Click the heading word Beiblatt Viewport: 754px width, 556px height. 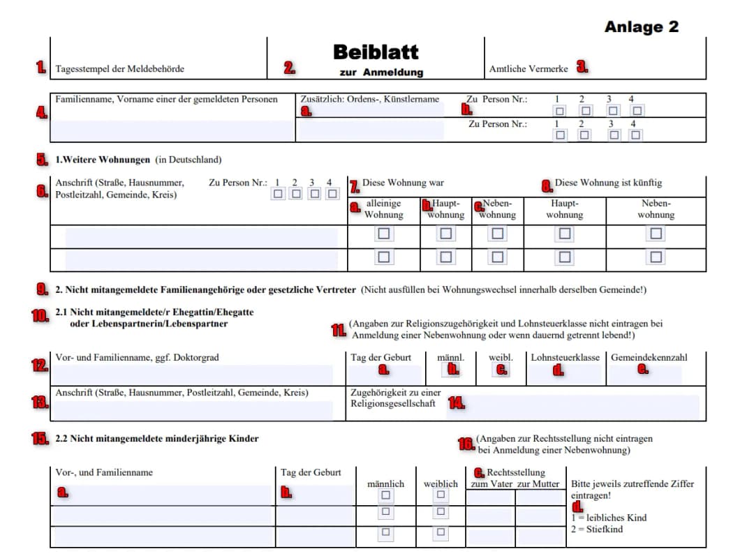(x=376, y=52)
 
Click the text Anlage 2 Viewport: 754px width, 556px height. (x=641, y=27)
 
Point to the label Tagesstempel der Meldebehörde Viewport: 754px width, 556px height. (x=120, y=69)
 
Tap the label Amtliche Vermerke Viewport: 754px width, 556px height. (x=528, y=69)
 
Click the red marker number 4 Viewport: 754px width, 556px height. (x=42, y=112)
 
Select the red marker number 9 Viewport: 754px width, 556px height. (x=42, y=289)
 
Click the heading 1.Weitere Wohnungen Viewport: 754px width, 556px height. (x=103, y=160)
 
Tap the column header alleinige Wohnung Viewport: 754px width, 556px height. (x=383, y=209)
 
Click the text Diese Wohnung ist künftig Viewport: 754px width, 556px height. (x=608, y=183)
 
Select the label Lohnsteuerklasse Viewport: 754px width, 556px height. (x=565, y=358)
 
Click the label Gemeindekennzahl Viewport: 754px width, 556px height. (x=649, y=358)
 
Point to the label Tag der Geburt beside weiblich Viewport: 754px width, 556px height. (x=311, y=472)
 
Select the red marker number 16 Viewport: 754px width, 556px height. (x=466, y=444)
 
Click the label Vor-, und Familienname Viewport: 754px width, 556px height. (x=104, y=472)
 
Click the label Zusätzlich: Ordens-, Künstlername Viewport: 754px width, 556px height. (x=369, y=99)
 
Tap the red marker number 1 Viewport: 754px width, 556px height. (x=42, y=68)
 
